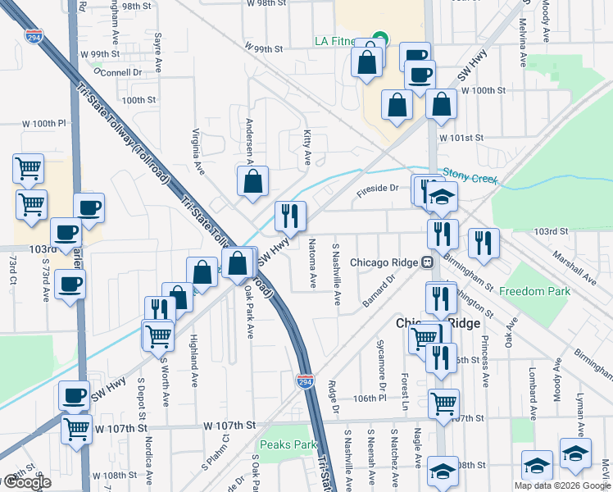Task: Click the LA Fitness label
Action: point(335,42)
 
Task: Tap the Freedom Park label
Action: point(534,291)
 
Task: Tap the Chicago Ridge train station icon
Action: point(427,262)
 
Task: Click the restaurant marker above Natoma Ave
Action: point(290,216)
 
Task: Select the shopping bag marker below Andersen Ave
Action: point(253,181)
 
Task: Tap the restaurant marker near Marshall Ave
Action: point(484,243)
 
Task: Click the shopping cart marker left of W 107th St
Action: point(76,427)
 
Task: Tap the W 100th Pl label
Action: point(43,124)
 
